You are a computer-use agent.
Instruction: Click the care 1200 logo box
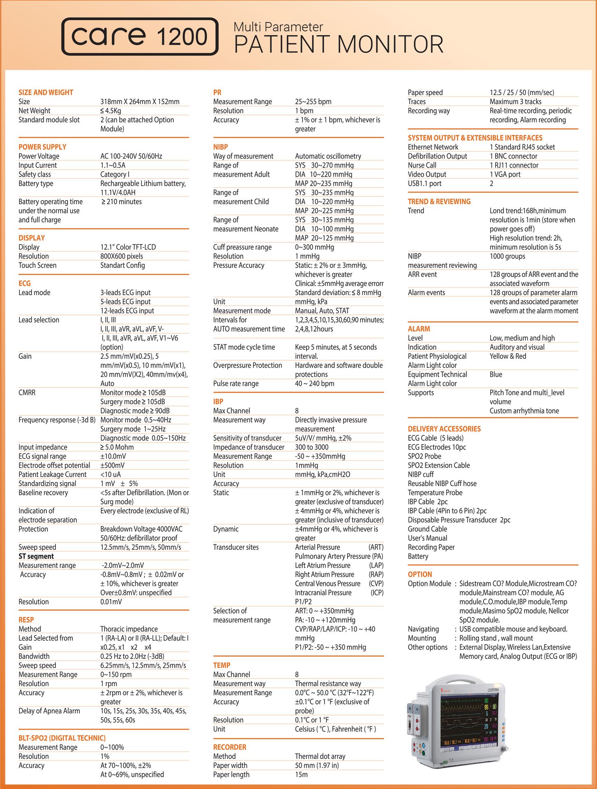click(140, 37)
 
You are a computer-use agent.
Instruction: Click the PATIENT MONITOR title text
click(339, 44)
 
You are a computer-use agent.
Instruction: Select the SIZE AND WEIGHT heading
click(46, 92)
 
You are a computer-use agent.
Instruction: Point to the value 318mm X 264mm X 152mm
click(140, 102)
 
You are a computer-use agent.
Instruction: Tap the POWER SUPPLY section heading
click(42, 147)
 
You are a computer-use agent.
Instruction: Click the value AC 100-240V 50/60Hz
click(131, 156)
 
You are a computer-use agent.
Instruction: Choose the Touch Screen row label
click(37, 265)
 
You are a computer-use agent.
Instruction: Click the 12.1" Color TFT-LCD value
click(128, 247)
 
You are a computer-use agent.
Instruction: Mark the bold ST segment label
click(36, 556)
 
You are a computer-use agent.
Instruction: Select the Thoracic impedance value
click(129, 629)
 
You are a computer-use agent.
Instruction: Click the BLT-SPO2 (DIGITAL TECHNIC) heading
click(62, 738)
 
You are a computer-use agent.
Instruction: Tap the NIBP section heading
click(220, 147)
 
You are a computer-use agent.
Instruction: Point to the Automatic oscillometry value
click(328, 156)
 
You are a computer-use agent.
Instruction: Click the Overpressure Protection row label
click(247, 365)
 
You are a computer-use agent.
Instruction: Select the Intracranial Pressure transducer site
click(323, 593)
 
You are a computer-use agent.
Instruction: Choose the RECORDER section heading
click(230, 747)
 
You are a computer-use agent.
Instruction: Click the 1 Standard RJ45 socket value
click(522, 147)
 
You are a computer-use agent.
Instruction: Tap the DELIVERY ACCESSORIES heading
click(444, 429)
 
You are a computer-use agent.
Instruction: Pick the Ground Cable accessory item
click(427, 529)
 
